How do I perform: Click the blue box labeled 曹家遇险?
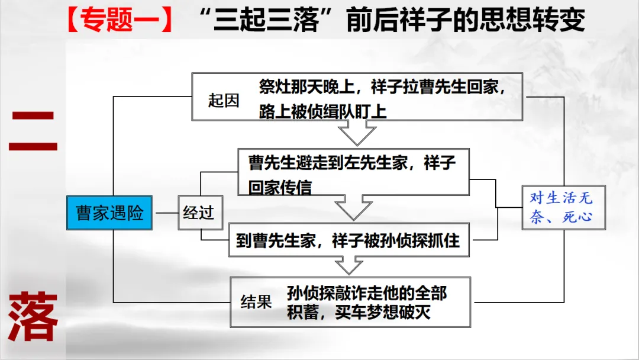pos(109,213)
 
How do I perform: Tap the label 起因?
pos(224,101)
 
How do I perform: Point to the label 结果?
pos(256,302)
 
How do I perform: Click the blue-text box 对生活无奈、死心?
pos(560,207)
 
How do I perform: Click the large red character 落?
pos(34,317)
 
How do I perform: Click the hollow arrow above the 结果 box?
pos(349,265)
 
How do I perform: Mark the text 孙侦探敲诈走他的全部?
pos(367,292)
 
